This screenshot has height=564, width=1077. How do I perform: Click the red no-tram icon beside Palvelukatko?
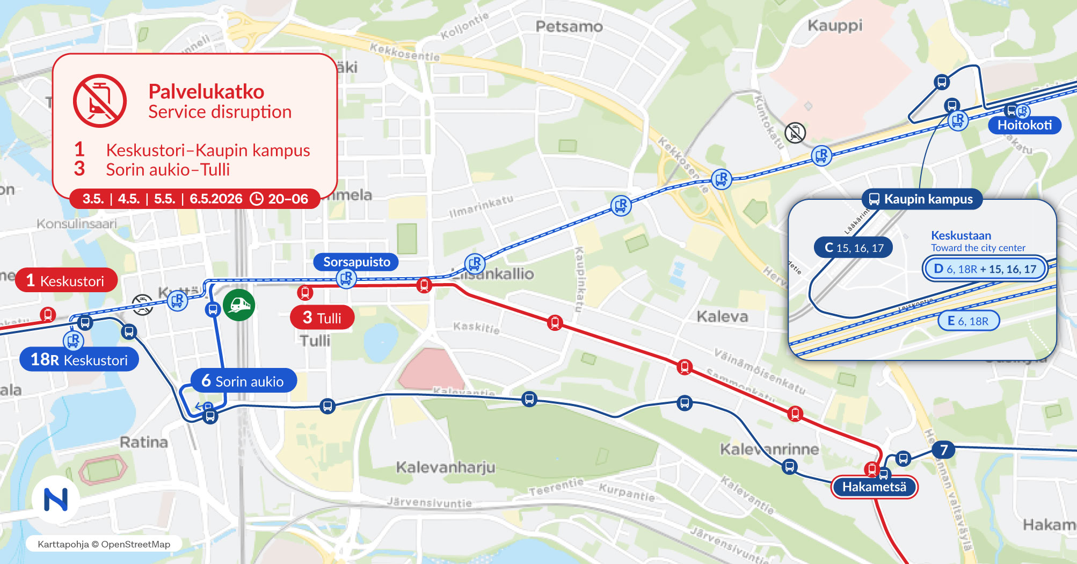click(x=100, y=101)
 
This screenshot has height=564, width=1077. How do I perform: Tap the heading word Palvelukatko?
click(x=206, y=92)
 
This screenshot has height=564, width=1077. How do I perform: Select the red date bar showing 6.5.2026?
click(x=195, y=199)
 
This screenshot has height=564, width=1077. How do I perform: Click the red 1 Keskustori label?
click(x=66, y=280)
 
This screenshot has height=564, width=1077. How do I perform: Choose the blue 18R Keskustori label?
click(x=79, y=359)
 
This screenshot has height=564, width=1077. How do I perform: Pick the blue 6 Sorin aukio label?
click(x=243, y=381)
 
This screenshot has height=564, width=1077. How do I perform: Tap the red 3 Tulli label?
click(x=322, y=317)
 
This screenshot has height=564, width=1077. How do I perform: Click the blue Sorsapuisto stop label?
click(x=356, y=262)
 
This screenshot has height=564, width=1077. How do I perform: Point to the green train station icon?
click(x=239, y=305)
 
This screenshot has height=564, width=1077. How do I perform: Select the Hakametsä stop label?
click(x=874, y=487)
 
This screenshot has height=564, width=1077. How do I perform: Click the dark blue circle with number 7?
click(x=944, y=450)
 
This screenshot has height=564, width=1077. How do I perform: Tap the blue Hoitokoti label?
click(x=1024, y=125)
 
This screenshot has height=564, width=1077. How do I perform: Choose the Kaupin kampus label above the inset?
click(x=921, y=199)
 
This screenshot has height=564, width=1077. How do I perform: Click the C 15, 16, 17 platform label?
click(x=854, y=248)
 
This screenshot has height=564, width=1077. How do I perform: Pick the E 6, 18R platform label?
click(x=968, y=321)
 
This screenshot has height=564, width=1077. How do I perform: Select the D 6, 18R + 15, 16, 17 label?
click(x=985, y=269)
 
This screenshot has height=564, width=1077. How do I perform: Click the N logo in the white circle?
click(x=56, y=500)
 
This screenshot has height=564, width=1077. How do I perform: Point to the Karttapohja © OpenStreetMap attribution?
click(x=104, y=544)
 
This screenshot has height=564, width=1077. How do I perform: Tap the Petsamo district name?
click(x=569, y=26)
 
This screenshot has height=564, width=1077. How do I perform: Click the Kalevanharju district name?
click(x=446, y=467)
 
